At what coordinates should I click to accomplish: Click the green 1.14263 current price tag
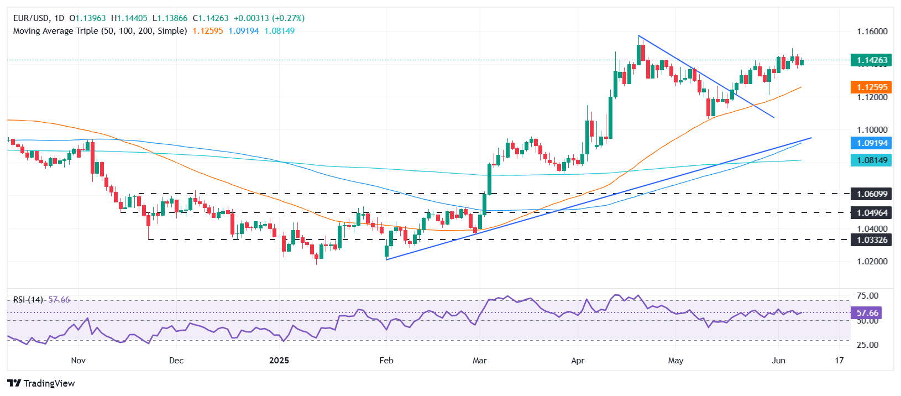tap(872, 60)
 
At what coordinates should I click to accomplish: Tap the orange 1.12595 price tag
tap(872, 87)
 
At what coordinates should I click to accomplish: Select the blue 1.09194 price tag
tap(872, 143)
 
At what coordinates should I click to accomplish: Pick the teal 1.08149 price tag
tap(872, 160)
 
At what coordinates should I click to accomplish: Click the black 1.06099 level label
tap(872, 194)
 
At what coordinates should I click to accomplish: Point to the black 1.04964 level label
tap(872, 212)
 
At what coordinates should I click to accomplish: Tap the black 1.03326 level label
tap(872, 240)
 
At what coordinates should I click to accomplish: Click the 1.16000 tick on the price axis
tap(872, 32)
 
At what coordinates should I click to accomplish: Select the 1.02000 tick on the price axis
tap(872, 262)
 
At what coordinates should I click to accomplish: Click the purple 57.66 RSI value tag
tap(866, 313)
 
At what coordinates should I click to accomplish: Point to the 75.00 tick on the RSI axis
tap(867, 296)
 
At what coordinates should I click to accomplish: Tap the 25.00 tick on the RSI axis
tap(867, 345)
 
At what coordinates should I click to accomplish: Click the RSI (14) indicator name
tap(28, 300)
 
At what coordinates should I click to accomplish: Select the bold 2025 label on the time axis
tap(279, 361)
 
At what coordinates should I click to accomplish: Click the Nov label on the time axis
tap(78, 361)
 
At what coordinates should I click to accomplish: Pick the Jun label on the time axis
tap(778, 361)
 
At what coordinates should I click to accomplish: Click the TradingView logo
tap(41, 383)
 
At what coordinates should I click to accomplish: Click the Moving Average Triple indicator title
tap(100, 31)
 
